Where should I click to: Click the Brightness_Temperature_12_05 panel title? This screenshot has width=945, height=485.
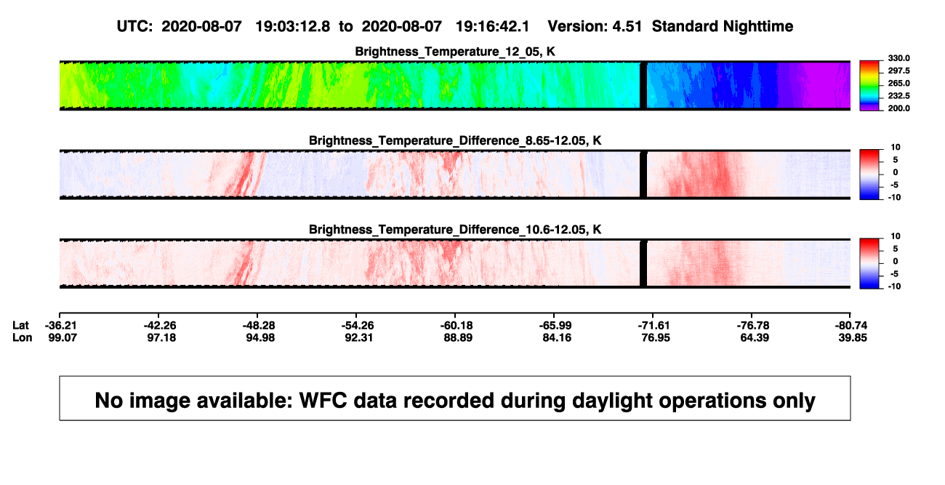(x=455, y=52)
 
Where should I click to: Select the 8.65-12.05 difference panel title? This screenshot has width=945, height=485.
(x=455, y=140)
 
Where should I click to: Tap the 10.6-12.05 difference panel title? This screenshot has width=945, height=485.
(x=455, y=230)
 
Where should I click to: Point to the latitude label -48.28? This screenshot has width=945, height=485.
(x=258, y=326)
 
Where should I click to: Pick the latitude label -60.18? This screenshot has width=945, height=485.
(x=456, y=326)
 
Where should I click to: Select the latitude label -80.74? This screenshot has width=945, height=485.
(x=851, y=326)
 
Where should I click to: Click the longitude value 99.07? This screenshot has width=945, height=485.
(x=63, y=337)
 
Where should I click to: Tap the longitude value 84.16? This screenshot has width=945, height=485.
(x=557, y=337)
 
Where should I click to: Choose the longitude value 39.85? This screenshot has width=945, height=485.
(x=853, y=337)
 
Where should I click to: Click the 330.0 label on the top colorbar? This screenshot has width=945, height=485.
(x=898, y=58)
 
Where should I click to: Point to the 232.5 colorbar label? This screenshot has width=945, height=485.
(x=898, y=96)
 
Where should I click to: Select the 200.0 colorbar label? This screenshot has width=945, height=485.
(x=898, y=108)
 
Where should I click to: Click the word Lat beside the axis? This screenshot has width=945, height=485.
(x=20, y=326)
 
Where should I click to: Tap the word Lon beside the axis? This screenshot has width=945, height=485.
(x=23, y=337)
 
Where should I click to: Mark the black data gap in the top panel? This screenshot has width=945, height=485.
(x=643, y=85)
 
